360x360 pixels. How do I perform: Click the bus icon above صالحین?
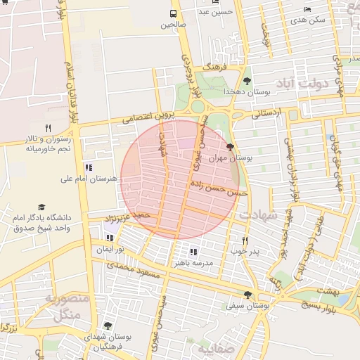point(174,13)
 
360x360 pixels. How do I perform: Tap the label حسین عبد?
point(214,12)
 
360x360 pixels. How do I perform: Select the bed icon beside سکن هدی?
point(307,9)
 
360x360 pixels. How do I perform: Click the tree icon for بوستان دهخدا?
point(247,81)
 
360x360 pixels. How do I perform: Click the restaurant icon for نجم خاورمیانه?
point(48,128)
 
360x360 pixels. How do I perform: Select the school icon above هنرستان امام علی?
point(89,167)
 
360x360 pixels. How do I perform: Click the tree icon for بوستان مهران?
point(231,147)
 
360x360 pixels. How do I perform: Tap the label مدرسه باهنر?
point(198,262)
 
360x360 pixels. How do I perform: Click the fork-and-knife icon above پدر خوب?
point(245,240)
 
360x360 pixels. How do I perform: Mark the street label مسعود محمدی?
point(133,271)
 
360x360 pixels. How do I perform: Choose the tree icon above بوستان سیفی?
point(247,295)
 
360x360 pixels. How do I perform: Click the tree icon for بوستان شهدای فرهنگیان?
point(107,326)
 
